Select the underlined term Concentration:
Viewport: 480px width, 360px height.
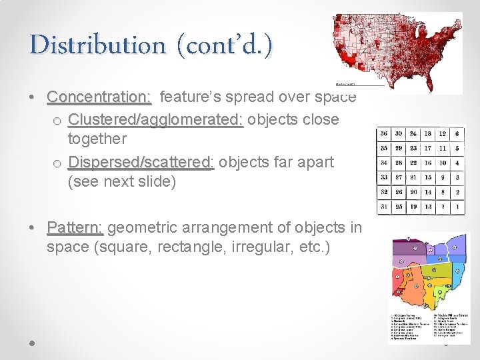[x=99, y=97]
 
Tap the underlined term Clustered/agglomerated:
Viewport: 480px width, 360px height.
[x=155, y=120]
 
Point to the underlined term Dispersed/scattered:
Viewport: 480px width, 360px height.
[x=141, y=163]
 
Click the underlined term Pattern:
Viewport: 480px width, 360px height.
[x=75, y=228]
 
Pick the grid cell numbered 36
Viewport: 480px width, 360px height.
[x=384, y=134]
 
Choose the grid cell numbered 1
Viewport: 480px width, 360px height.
[x=457, y=207]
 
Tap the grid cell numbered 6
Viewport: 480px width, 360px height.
[x=457, y=134]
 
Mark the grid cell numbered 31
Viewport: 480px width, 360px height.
[x=384, y=207]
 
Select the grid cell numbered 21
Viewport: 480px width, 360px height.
[x=413, y=178]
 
